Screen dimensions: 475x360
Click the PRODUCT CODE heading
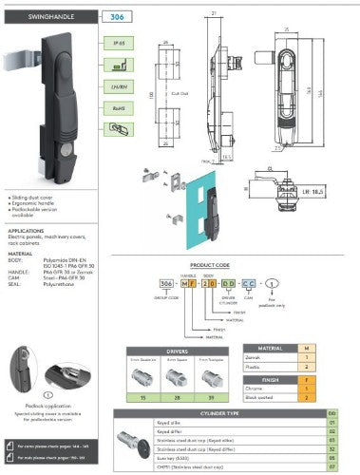pyautogui.click(x=210, y=266)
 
